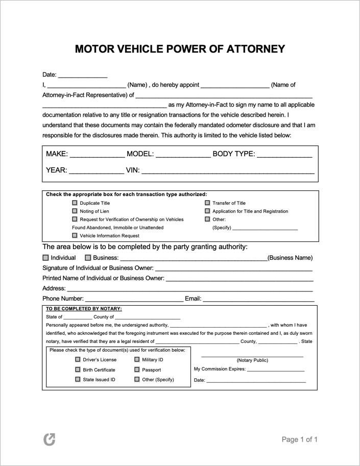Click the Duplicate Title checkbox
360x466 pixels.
point(75,203)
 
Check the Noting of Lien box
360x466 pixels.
point(75,211)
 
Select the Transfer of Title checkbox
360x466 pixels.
point(207,203)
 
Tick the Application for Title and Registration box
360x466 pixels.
point(207,211)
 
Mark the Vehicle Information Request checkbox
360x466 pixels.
point(75,235)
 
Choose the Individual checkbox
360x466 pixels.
point(46,258)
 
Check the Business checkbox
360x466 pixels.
point(88,258)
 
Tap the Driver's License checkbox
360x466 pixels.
point(78,359)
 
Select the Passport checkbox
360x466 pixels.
point(137,370)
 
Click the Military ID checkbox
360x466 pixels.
point(137,359)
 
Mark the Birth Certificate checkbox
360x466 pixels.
point(78,370)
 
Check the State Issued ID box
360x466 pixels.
point(78,379)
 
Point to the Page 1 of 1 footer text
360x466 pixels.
point(300,439)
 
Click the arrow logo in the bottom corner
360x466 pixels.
point(50,439)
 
